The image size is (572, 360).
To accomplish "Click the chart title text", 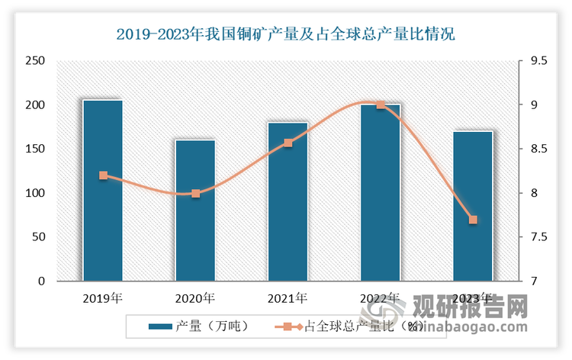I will point(285,34).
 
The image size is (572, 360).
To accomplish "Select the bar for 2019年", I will point(103,191).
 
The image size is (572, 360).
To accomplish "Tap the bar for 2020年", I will point(195,210).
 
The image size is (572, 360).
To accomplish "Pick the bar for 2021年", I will point(288,201).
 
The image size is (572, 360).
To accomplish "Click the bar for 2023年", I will point(473,206).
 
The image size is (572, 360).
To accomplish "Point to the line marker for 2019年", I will point(103,175).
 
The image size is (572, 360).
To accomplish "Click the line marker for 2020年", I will point(195,194).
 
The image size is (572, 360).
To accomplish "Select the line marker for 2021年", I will point(288,143).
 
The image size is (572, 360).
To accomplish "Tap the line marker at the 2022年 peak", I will point(381,104).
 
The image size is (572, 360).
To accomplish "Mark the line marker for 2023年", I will point(473,220).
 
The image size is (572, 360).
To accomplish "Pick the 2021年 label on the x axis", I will point(288,297).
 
